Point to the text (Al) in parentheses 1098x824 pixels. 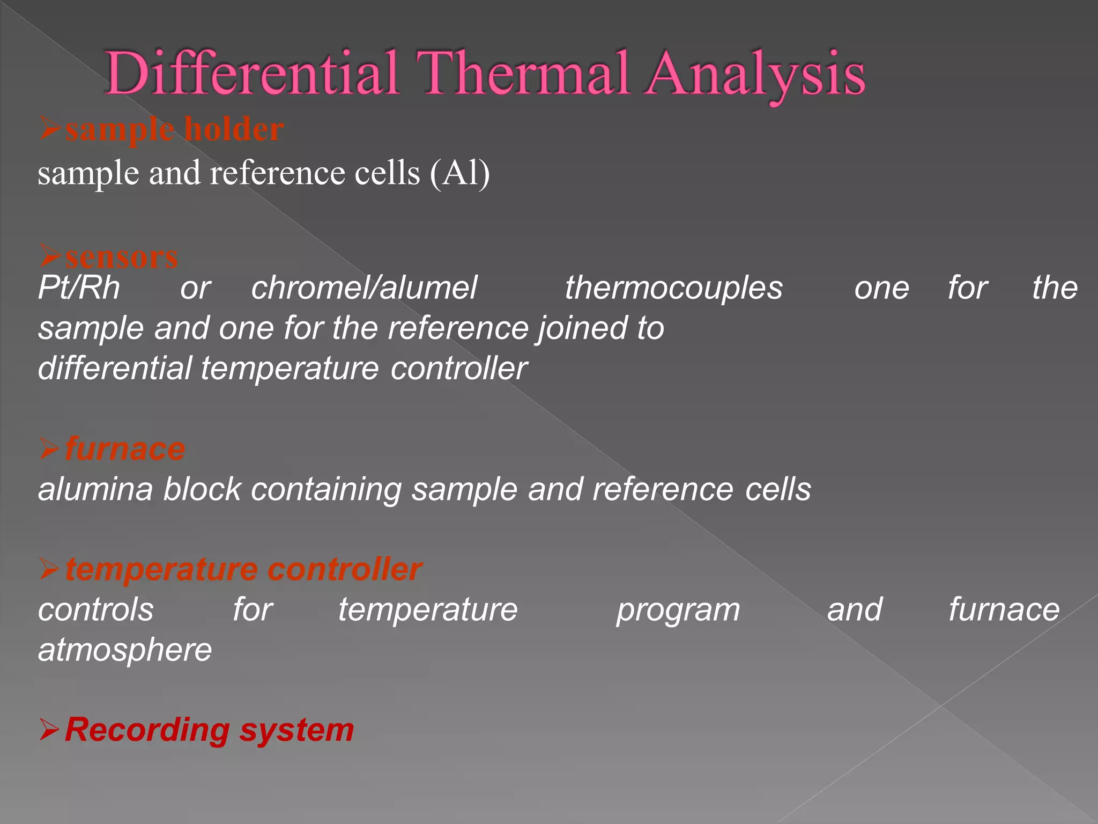tap(459, 173)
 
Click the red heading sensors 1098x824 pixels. tap(121, 257)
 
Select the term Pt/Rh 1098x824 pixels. tap(79, 288)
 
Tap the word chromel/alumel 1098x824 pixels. tap(364, 288)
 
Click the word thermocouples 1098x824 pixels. tap(673, 288)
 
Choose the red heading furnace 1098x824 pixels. tap(124, 449)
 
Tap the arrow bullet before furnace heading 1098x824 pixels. tap(49, 449)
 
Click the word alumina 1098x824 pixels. tap(95, 489)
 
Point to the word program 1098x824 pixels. tap(678, 610)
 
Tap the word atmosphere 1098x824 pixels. tap(125, 650)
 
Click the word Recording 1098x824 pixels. tap(147, 730)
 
